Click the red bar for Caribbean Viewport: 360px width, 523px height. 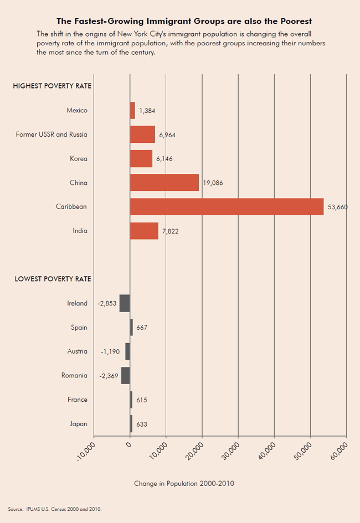[227, 206]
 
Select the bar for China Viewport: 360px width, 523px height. [164, 183]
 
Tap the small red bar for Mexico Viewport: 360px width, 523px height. [132, 110]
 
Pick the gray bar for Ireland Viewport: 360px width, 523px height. [125, 303]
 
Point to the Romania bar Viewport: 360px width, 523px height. [126, 375]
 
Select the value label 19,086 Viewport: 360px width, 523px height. [213, 183]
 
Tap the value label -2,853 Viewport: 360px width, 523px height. [107, 303]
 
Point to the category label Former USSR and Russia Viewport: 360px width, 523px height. [52, 134]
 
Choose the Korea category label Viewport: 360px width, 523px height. [79, 159]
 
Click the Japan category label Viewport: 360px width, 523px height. [79, 424]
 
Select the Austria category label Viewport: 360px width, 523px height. [77, 351]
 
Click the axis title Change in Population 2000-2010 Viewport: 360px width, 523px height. [184, 484]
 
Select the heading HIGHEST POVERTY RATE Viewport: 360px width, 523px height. [52, 86]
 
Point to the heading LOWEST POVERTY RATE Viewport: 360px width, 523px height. [52, 279]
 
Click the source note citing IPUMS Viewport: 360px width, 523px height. [55, 508]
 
